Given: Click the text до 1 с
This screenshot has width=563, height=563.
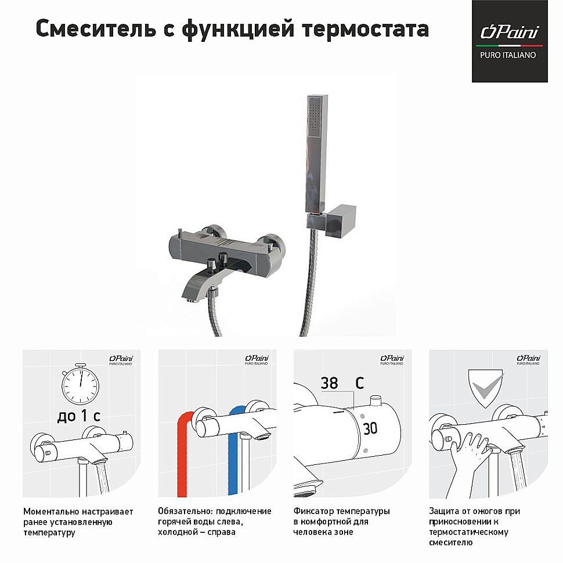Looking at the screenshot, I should tap(80, 416).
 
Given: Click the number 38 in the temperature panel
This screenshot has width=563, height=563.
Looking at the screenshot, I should tap(329, 383).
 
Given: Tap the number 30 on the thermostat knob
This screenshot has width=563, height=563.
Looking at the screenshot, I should tap(370, 429).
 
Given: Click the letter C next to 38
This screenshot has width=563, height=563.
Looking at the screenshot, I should tap(360, 383).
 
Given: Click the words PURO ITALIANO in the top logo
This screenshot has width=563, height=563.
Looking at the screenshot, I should tap(508, 55).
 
